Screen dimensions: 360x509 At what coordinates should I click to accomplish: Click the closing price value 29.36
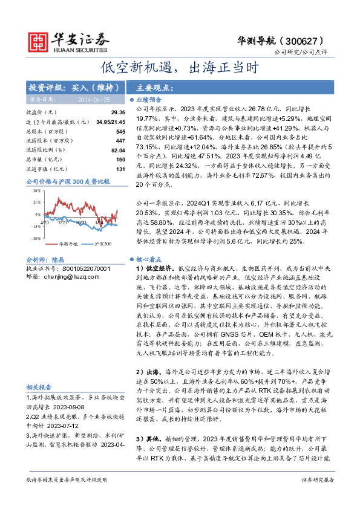pos(118,112)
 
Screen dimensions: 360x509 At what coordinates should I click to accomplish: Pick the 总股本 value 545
pos(120,131)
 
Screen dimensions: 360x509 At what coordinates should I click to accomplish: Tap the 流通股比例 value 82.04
pos(118,150)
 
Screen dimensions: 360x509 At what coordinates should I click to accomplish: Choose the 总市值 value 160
pos(120,160)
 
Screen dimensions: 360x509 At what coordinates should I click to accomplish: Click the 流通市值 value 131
pos(120,169)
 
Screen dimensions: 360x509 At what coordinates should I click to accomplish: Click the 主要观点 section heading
pos(152,86)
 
